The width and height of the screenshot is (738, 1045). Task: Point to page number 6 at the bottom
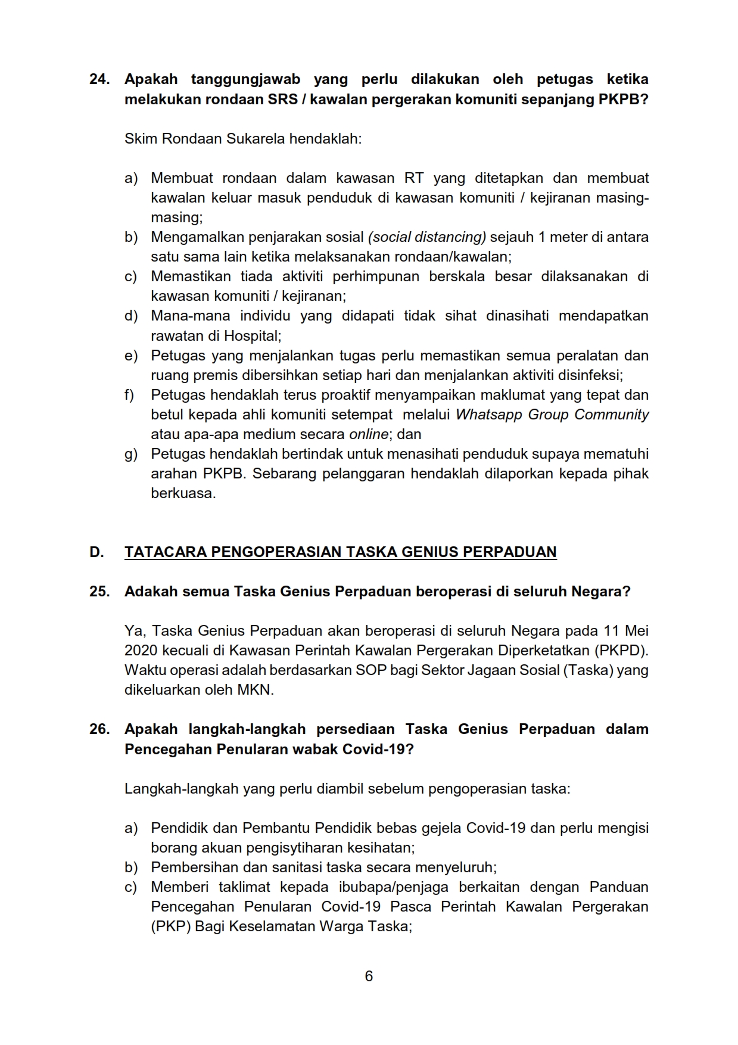(369, 976)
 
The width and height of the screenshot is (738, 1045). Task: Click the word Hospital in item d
(251, 336)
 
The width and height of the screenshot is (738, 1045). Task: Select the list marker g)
(131, 454)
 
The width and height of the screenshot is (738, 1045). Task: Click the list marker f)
(130, 395)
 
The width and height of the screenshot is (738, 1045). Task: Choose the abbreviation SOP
(370, 670)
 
